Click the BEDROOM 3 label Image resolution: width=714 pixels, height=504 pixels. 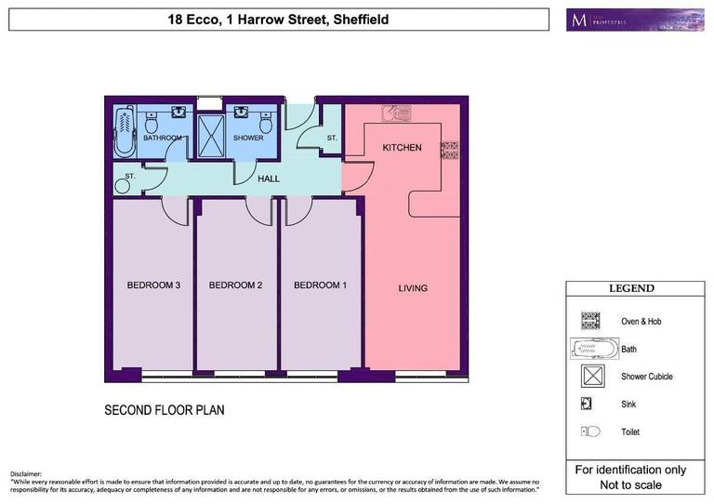point(153,285)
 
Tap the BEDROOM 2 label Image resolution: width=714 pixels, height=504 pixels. point(235,285)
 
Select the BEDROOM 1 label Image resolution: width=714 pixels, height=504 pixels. point(320,285)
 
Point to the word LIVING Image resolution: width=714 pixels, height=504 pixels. point(413,288)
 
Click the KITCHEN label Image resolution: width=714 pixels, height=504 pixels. point(402,148)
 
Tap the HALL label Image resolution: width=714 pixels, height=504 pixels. point(269,179)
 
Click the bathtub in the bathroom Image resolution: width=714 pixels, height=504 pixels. point(124,131)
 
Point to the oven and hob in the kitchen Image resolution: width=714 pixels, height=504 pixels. point(451,148)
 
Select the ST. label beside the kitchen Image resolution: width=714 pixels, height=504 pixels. point(331,139)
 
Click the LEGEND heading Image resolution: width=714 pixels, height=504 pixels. point(631,289)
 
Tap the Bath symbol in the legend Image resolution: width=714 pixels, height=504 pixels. point(591,349)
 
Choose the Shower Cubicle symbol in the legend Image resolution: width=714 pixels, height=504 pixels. point(589,377)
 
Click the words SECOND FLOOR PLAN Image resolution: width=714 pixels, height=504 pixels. point(164,410)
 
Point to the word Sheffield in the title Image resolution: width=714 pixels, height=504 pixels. point(356,20)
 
